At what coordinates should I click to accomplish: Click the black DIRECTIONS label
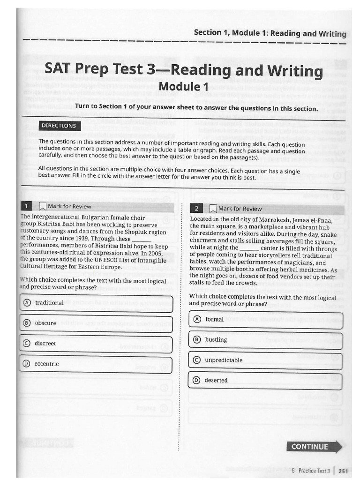[59, 126]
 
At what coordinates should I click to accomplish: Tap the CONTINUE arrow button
[314, 446]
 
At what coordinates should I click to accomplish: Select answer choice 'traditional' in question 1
[96, 303]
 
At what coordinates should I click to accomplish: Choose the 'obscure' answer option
[96, 323]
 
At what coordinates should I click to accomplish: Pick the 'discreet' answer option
[96, 344]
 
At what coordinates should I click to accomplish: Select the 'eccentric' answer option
[96, 364]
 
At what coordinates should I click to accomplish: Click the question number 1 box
[27, 206]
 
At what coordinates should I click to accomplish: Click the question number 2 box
[197, 209]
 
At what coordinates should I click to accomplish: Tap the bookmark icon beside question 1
[43, 206]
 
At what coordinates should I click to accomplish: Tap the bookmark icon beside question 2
[213, 209]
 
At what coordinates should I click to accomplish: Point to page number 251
[343, 471]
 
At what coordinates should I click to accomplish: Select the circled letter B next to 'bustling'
[197, 340]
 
